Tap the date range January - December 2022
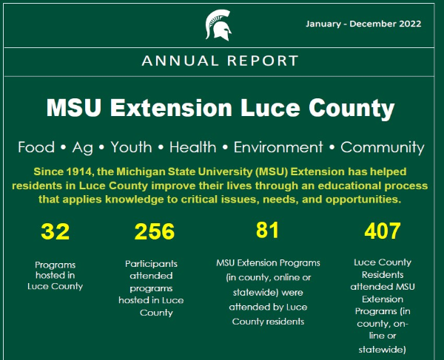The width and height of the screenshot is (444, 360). coord(363,24)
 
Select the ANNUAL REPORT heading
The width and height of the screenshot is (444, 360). coord(221,60)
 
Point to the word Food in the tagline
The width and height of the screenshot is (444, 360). coord(36,147)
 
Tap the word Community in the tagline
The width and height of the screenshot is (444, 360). coord(382,147)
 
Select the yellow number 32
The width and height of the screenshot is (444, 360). coord(55,232)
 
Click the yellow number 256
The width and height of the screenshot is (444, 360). coord(155,232)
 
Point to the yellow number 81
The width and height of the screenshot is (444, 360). coord(267,230)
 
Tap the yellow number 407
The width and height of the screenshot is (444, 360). coord(382,232)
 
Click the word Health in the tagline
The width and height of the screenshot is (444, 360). coord(192,147)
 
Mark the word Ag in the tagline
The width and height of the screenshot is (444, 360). coord(83,147)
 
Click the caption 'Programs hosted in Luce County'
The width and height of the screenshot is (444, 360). coord(55,275)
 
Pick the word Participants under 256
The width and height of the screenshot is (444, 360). coord(151,262)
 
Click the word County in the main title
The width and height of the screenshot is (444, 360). coord(357,109)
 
